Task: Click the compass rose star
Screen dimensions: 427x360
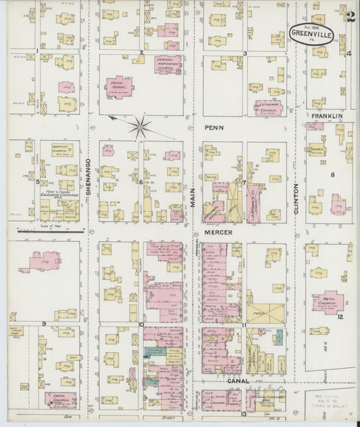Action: [x=140, y=125]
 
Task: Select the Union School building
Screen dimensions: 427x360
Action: [x=118, y=86]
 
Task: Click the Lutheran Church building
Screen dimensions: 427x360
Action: [x=269, y=107]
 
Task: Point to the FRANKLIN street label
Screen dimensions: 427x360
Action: [x=327, y=116]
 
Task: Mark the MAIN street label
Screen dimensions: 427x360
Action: [x=192, y=197]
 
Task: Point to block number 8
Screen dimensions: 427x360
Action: [x=332, y=175]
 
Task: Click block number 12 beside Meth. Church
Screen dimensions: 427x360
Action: [x=341, y=316]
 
